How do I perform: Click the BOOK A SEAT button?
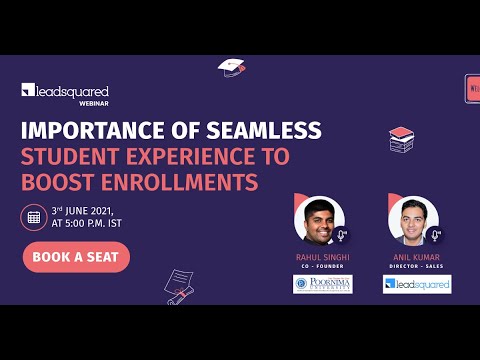(76, 256)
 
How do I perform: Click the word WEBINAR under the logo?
(95, 103)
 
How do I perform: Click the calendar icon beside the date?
(33, 216)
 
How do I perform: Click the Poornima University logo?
(322, 284)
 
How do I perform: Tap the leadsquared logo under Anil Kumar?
(416, 284)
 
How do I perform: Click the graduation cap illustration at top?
(232, 67)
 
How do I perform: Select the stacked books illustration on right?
(403, 137)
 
